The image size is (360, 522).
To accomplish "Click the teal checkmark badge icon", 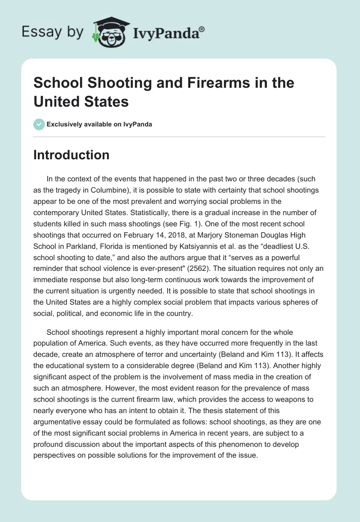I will pos(39,124).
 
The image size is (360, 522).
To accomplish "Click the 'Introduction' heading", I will pos(72,155).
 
